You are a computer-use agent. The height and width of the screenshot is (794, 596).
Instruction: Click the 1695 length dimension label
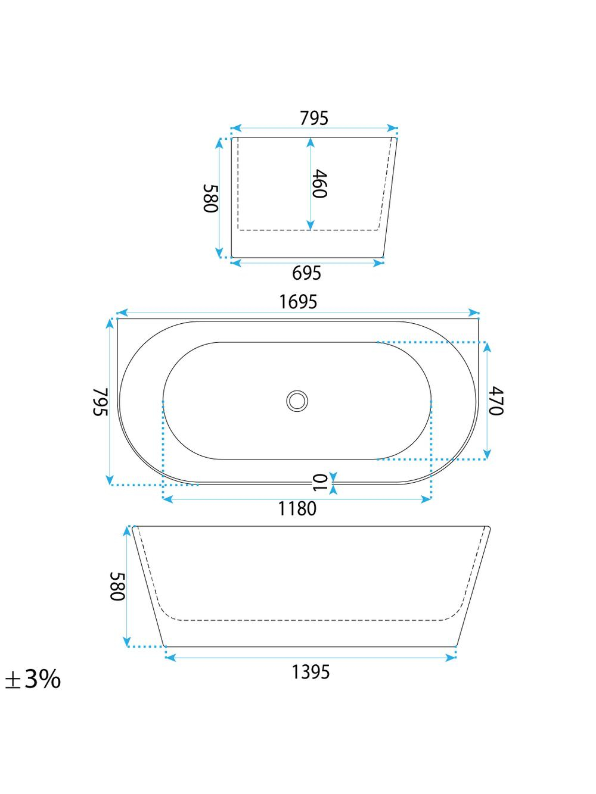[x=298, y=302]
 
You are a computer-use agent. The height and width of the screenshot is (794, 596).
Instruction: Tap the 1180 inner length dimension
[x=297, y=508]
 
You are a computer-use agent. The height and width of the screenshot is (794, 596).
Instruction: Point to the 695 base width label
[x=307, y=273]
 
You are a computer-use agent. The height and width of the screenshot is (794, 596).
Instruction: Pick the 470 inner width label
[x=496, y=401]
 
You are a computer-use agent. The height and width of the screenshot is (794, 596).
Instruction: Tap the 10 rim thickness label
[x=321, y=483]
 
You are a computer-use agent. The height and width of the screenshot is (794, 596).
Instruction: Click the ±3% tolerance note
[x=33, y=679]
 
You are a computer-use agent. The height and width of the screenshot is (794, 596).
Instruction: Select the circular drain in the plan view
[x=297, y=401]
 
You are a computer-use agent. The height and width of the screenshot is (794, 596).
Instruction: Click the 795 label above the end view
[x=314, y=118]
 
